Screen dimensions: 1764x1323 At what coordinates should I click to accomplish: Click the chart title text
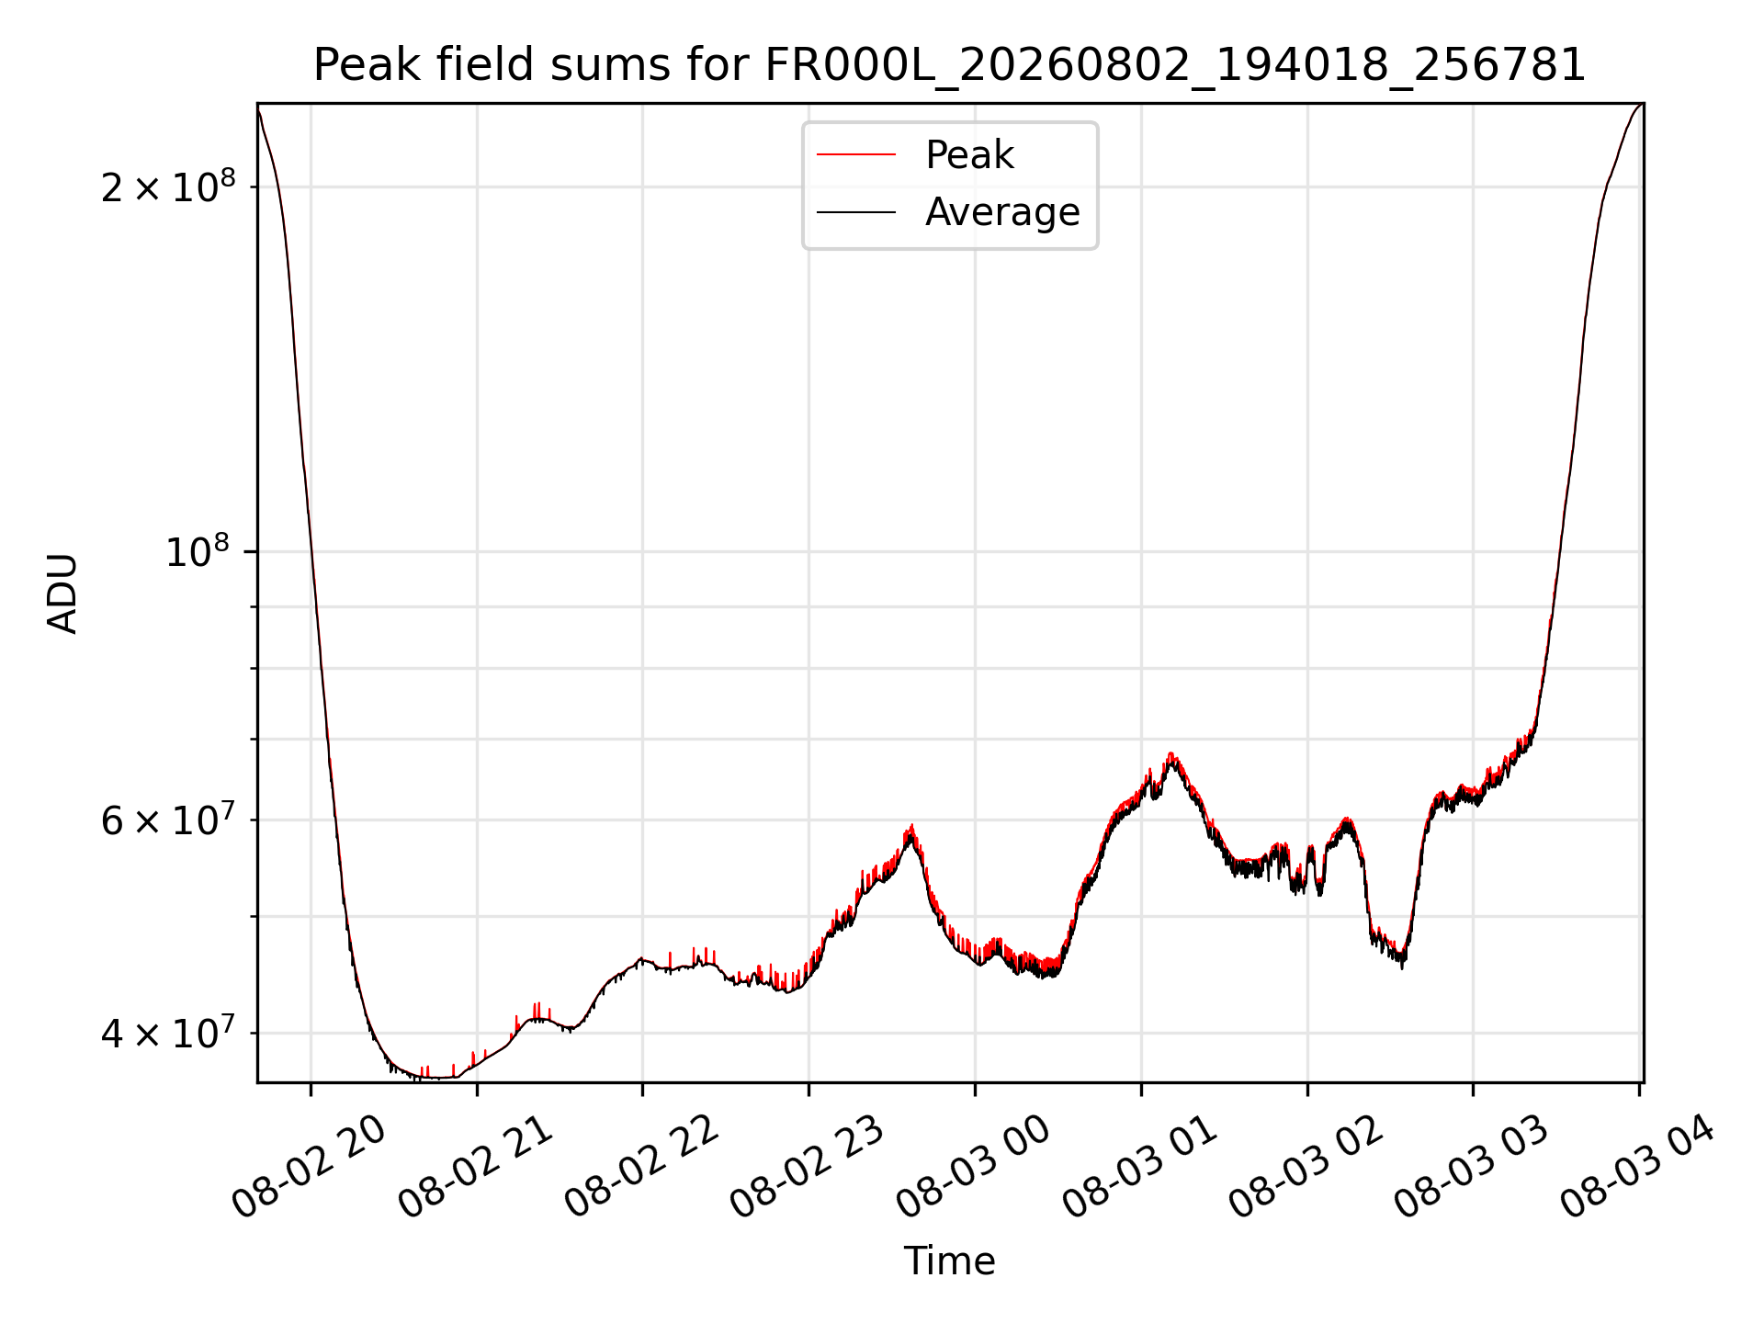pyautogui.click(x=950, y=65)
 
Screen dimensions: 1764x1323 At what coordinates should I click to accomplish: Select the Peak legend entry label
pyautogui.click(x=969, y=155)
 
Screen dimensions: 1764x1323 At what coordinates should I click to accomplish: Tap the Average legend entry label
pyautogui.click(x=1002, y=212)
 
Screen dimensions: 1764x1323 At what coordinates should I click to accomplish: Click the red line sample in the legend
pyautogui.click(x=856, y=154)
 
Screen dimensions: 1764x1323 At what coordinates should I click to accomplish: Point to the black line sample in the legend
pyautogui.click(x=856, y=212)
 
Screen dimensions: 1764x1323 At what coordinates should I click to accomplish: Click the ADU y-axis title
pyautogui.click(x=62, y=594)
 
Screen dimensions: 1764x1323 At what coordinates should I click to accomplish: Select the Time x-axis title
pyautogui.click(x=950, y=1261)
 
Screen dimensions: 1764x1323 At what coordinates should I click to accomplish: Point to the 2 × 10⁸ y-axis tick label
pyautogui.click(x=168, y=187)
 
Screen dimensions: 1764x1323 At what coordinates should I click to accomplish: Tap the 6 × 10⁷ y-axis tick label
pyautogui.click(x=168, y=820)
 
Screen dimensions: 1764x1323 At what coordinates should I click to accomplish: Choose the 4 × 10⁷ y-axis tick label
pyautogui.click(x=168, y=1033)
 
